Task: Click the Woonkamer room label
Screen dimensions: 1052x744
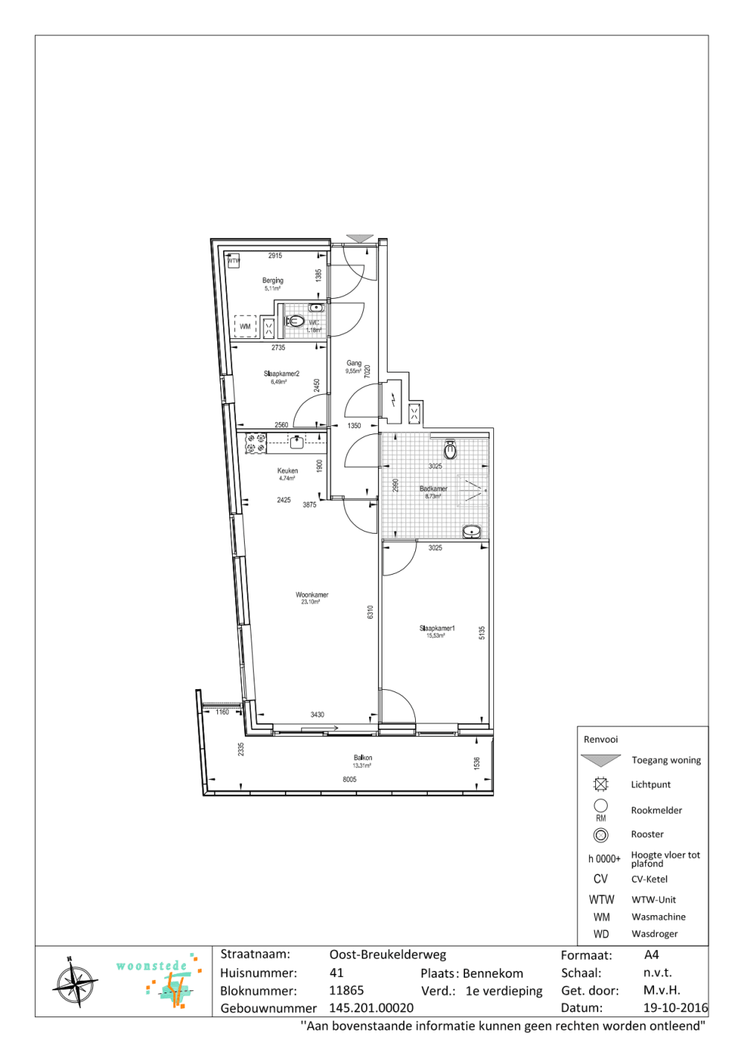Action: (312, 596)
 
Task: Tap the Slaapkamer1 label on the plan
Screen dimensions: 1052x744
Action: (437, 629)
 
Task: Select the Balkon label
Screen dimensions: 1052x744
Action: (363, 758)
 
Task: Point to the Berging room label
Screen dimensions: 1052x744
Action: (272, 281)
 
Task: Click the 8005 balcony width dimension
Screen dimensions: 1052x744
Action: (350, 780)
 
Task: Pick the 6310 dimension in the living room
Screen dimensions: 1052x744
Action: (370, 612)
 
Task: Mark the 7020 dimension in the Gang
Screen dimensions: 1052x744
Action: (367, 371)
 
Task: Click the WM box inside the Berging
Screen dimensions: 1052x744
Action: (246, 326)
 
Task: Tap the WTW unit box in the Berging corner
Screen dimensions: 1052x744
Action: (234, 261)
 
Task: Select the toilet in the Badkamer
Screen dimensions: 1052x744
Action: (450, 450)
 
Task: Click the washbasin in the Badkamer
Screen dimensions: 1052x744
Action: (471, 532)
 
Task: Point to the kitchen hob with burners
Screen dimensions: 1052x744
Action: (256, 444)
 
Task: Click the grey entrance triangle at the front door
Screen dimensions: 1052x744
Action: (360, 239)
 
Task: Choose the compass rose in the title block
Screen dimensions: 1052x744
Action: (75, 984)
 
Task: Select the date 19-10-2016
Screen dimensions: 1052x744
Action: (675, 1008)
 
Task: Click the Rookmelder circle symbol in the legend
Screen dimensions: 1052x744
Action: (601, 806)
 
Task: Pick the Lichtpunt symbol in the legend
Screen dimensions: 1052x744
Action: (601, 784)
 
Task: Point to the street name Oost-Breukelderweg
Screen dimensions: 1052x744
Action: (388, 955)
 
